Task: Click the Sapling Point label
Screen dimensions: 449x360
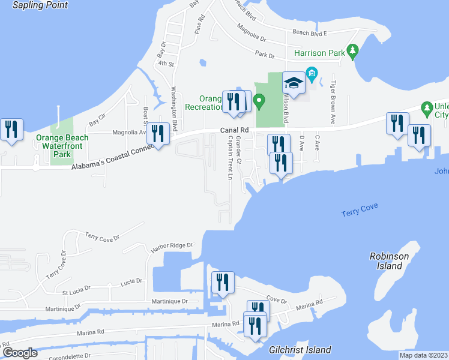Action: pyautogui.click(x=40, y=5)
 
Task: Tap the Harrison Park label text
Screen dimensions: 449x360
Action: pyautogui.click(x=319, y=53)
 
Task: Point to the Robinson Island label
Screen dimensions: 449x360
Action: pyautogui.click(x=389, y=261)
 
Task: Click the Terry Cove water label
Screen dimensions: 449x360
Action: pyautogui.click(x=359, y=213)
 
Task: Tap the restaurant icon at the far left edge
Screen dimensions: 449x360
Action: pyautogui.click(x=11, y=129)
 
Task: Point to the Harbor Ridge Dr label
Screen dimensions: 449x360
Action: pyautogui.click(x=172, y=245)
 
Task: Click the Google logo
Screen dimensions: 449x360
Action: pyautogui.click(x=20, y=353)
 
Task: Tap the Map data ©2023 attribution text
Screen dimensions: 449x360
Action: pyautogui.click(x=423, y=355)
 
